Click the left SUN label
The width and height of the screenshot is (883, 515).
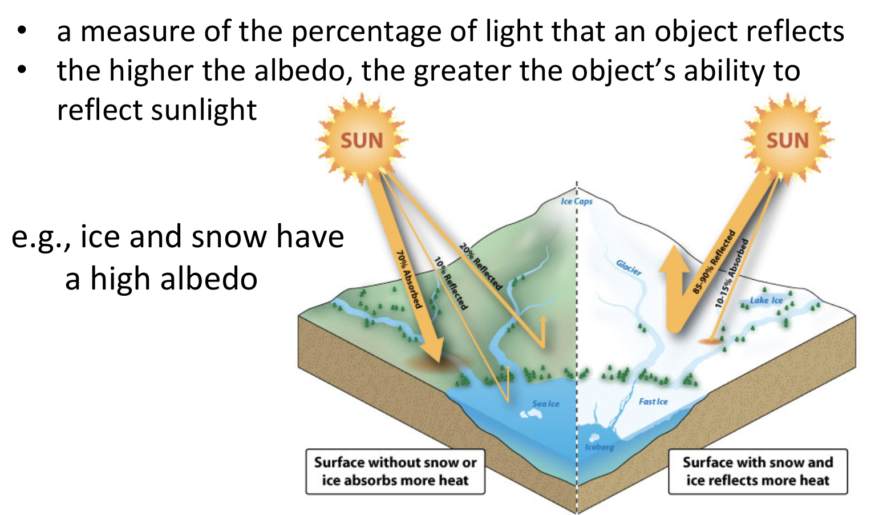(x=362, y=140)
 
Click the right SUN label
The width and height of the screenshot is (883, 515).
(x=787, y=140)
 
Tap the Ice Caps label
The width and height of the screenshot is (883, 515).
(x=576, y=201)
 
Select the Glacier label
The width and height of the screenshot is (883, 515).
(x=629, y=267)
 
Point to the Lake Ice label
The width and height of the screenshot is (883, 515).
(x=765, y=300)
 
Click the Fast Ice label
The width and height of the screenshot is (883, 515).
(x=653, y=401)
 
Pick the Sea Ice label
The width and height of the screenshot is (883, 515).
(x=546, y=404)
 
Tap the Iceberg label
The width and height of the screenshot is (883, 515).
(x=600, y=446)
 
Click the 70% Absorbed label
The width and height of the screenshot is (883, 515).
(x=409, y=279)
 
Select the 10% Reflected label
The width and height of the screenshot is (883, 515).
(x=451, y=284)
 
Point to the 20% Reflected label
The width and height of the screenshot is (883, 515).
(x=481, y=266)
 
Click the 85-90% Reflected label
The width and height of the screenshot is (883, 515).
(x=714, y=262)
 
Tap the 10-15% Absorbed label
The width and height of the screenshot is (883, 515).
(x=732, y=273)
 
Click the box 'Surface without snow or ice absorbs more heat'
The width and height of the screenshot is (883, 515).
(x=395, y=471)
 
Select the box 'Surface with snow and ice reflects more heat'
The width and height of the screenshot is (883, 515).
(x=758, y=471)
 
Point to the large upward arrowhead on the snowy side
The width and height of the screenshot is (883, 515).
(x=675, y=260)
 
